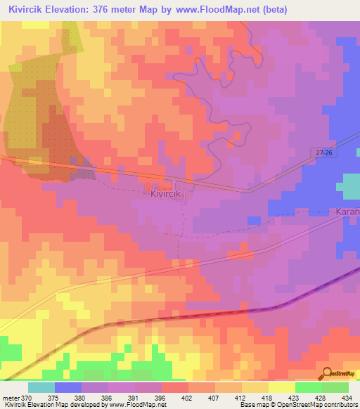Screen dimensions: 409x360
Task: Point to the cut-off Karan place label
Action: (x=347, y=211)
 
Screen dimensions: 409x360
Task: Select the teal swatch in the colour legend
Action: (x=41, y=387)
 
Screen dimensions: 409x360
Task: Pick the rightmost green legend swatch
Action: (x=335, y=387)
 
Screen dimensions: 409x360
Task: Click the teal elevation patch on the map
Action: (x=349, y=186)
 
